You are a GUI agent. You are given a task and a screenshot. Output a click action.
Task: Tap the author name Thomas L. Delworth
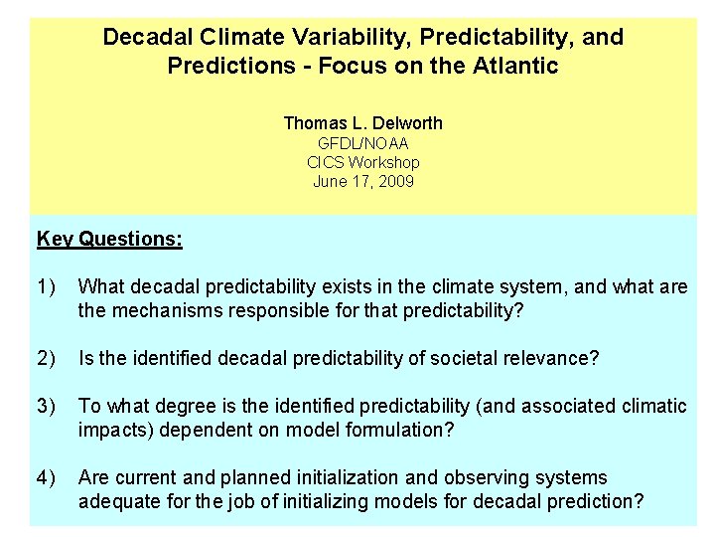tap(362, 123)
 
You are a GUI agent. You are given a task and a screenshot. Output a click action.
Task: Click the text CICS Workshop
tap(362, 162)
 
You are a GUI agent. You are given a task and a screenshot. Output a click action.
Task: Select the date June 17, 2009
tap(362, 181)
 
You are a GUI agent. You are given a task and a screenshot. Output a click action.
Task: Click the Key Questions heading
tap(109, 239)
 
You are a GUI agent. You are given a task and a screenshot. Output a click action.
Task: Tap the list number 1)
tap(48, 287)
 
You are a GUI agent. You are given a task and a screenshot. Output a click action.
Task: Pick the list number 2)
tap(48, 357)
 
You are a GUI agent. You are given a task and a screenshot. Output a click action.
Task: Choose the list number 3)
tap(48, 407)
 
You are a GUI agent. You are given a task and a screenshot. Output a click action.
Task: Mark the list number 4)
tap(48, 477)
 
